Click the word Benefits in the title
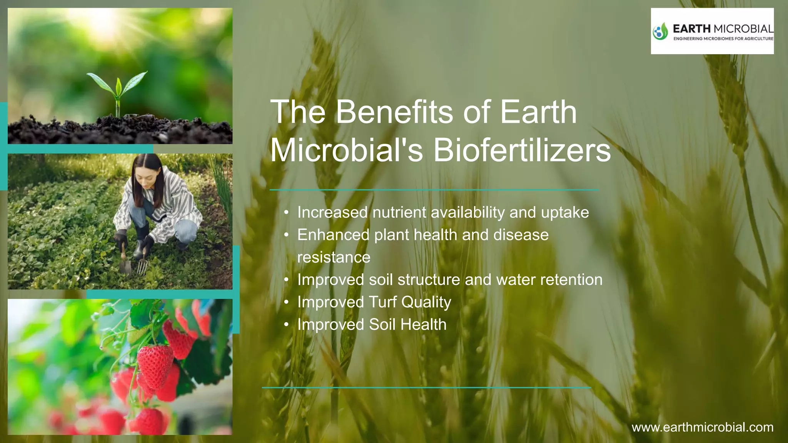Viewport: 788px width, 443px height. click(x=394, y=112)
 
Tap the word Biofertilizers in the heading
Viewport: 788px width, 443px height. click(x=522, y=150)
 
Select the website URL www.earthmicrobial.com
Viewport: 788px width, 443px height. click(x=702, y=427)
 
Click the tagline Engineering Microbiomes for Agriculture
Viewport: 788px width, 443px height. click(x=723, y=39)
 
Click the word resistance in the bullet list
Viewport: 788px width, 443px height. click(x=334, y=257)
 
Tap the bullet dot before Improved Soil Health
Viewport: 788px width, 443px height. click(x=286, y=325)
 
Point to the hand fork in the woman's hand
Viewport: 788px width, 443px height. click(x=142, y=263)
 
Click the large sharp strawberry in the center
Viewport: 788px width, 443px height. click(x=155, y=365)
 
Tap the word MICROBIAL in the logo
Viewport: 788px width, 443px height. click(x=743, y=29)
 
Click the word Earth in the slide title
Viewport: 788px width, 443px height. click(x=538, y=112)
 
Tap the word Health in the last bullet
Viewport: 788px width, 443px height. click(x=423, y=325)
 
